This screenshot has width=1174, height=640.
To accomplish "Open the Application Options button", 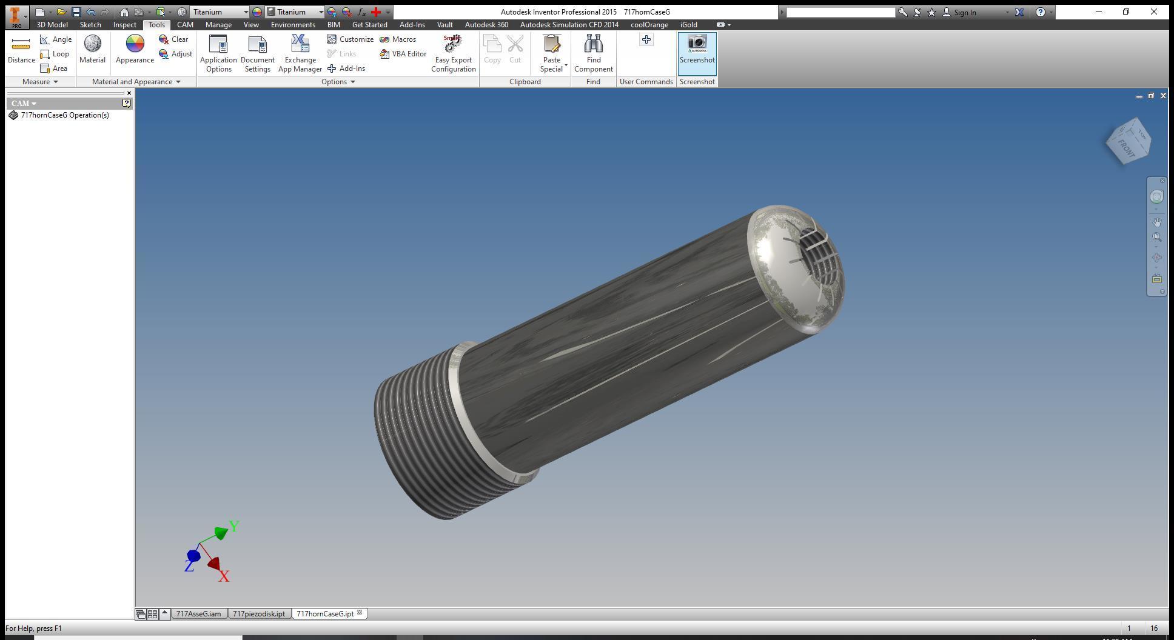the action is [218, 53].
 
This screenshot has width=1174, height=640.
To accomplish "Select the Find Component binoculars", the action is [593, 53].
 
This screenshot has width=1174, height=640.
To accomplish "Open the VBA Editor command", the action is [403, 54].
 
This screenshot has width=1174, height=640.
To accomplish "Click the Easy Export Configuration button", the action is [453, 53].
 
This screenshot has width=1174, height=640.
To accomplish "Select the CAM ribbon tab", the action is [185, 25].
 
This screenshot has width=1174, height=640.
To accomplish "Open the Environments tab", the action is [293, 25].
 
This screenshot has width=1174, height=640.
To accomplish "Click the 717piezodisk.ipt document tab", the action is [259, 614].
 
